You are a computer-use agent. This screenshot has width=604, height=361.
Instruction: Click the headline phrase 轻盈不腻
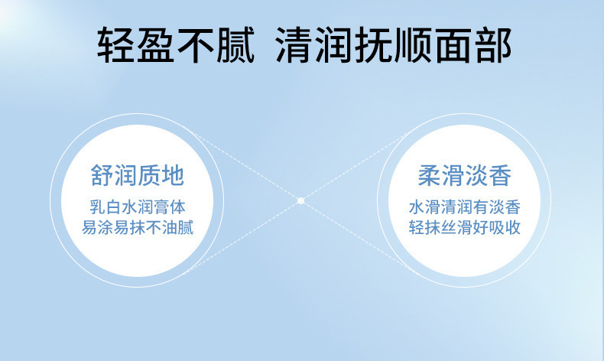click(x=176, y=45)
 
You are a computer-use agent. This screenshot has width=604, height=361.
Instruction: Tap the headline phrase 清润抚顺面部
click(x=394, y=45)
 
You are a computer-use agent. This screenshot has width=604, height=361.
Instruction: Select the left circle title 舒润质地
click(x=138, y=175)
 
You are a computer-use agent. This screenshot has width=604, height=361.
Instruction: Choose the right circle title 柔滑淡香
click(x=465, y=175)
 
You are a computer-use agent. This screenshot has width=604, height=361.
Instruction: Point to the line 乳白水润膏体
click(x=138, y=207)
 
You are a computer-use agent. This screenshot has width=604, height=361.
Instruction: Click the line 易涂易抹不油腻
click(x=138, y=227)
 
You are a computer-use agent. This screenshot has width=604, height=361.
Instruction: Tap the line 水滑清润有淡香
click(x=465, y=207)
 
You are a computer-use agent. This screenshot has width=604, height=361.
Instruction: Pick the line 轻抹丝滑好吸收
click(x=465, y=227)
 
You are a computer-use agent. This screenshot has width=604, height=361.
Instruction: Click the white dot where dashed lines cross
click(x=300, y=200)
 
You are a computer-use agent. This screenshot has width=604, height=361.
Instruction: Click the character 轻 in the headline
click(x=115, y=45)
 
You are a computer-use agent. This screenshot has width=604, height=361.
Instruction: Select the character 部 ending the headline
click(x=493, y=45)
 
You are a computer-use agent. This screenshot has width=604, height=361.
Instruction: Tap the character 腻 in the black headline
click(x=235, y=45)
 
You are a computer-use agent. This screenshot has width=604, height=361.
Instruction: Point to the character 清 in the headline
click(x=294, y=45)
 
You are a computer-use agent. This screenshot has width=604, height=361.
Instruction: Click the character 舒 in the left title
click(x=102, y=175)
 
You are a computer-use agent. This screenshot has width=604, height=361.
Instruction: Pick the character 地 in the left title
click(x=173, y=175)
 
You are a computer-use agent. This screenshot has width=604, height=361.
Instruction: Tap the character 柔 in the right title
click(x=430, y=175)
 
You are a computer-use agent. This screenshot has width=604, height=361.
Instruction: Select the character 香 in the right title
click(x=500, y=175)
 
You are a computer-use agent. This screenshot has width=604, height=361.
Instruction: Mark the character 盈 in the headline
click(x=156, y=45)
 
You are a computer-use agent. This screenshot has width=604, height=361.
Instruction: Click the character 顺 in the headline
click(x=414, y=45)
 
